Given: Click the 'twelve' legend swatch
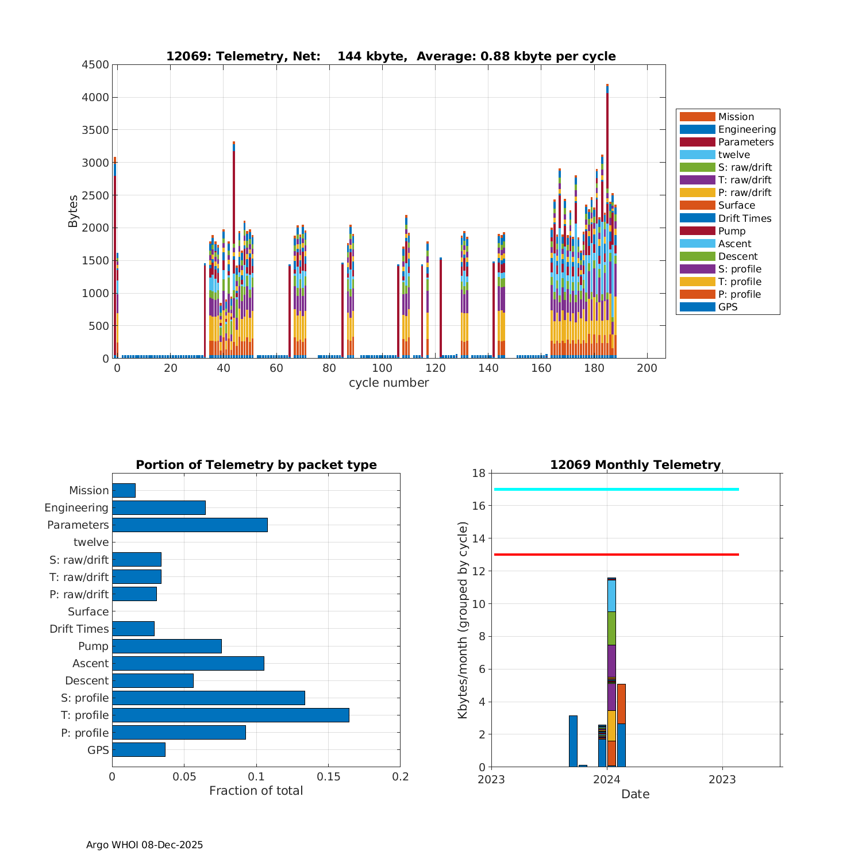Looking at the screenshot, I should (x=697, y=155).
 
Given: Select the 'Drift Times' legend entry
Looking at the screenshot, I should (x=744, y=218).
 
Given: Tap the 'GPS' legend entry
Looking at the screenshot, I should (x=728, y=307).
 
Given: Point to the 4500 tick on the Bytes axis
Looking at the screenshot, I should (x=95, y=65).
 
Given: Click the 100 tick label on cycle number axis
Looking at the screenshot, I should (x=382, y=368).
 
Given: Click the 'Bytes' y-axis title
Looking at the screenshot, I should (x=73, y=211).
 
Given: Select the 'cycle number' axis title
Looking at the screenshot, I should (x=388, y=383).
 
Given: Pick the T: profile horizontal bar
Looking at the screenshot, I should (x=230, y=715).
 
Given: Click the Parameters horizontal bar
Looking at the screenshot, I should (x=190, y=525).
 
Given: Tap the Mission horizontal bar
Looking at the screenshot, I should (x=124, y=490).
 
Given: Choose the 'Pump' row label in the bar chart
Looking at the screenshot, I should (x=93, y=646).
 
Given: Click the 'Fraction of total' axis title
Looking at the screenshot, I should (x=256, y=791).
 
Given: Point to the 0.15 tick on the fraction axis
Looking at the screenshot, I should (x=328, y=776).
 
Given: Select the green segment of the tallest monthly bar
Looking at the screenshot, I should (x=611, y=628).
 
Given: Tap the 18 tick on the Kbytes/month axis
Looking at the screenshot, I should (x=478, y=473).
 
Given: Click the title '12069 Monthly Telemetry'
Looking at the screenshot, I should (x=635, y=465).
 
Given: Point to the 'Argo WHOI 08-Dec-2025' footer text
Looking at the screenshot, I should (x=144, y=845).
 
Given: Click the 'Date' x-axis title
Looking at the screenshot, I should (x=635, y=794).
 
